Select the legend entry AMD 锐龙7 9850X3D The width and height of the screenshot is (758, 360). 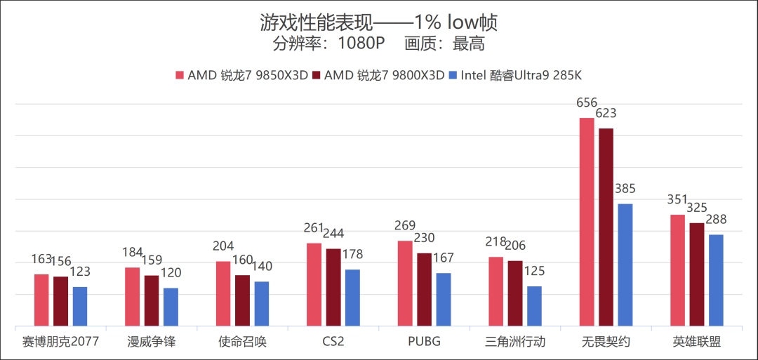(242, 75)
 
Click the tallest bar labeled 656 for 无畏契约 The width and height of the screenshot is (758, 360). (586, 222)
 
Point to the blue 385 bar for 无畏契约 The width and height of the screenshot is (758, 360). (625, 265)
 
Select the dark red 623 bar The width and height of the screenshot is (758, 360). (606, 227)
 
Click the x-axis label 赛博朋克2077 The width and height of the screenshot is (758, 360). (60, 342)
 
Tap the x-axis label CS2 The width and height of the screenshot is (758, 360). (333, 342)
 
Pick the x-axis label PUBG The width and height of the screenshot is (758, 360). (424, 342)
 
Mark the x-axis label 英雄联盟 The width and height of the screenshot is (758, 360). (697, 342)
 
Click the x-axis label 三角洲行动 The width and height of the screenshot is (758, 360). (515, 342)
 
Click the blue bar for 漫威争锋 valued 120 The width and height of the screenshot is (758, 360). (171, 307)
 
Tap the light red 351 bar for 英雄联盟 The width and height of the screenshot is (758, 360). (677, 270)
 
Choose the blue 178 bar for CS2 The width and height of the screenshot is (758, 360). (352, 298)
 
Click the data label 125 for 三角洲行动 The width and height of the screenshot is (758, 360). (535, 271)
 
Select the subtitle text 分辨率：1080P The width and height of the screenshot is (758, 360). (328, 45)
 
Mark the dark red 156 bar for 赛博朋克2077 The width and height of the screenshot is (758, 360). (61, 301)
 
